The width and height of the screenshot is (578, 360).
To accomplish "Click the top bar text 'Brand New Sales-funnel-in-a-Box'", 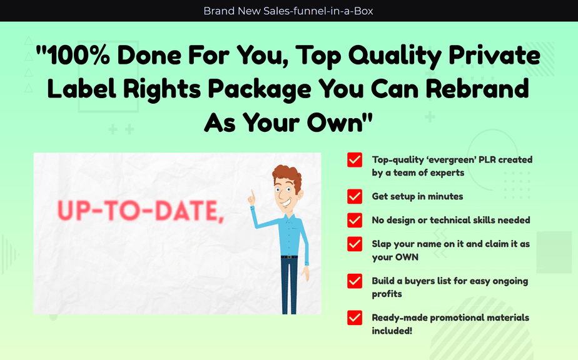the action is click(x=288, y=11).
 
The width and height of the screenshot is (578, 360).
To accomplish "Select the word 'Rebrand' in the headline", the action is click(x=477, y=89).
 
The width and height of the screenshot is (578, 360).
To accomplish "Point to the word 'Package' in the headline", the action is click(x=260, y=90).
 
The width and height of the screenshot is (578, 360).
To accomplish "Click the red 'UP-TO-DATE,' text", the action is click(x=141, y=211).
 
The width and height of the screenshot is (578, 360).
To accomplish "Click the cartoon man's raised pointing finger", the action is click(x=253, y=194).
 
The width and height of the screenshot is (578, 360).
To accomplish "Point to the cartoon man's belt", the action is click(x=289, y=256).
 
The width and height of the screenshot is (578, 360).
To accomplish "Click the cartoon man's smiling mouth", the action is click(x=285, y=202).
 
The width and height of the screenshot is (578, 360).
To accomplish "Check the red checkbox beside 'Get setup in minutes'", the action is click(x=355, y=196).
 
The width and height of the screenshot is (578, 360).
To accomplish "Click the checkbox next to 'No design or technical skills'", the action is click(x=355, y=221).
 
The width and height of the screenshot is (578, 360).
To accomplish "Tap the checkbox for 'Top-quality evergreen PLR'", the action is click(x=355, y=160).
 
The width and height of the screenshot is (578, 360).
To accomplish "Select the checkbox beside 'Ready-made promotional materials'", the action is click(x=355, y=318).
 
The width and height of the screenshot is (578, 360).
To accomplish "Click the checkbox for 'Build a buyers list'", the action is click(x=355, y=281).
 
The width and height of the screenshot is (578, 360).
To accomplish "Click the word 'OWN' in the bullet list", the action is click(x=407, y=257).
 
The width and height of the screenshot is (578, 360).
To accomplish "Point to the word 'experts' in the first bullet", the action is click(x=449, y=173).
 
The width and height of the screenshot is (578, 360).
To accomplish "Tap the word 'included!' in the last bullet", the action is click(x=392, y=331).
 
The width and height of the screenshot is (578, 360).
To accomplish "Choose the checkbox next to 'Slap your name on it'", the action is click(x=355, y=244).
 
